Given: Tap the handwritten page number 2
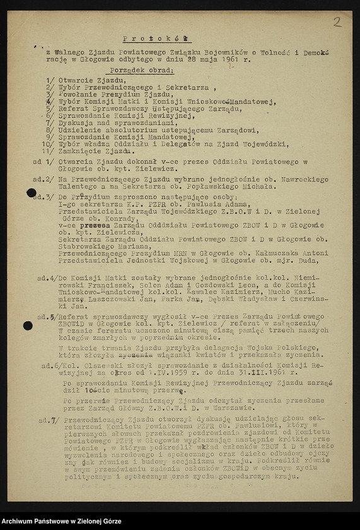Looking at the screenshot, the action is pos(337,22).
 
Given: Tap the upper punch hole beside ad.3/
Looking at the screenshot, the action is pos(31,192).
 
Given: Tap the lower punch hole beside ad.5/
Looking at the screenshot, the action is pos(28,326).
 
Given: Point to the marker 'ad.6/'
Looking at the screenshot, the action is pos(51,365).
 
